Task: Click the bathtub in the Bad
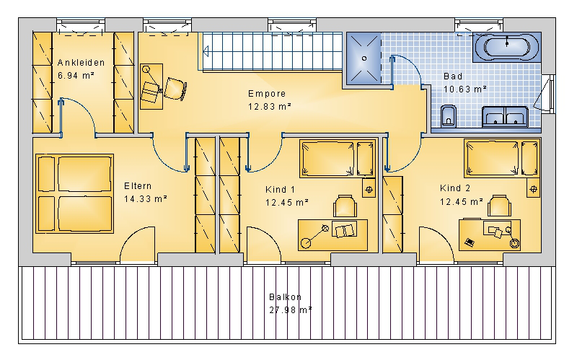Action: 507,47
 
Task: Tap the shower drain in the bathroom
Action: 364,58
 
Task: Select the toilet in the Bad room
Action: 448,116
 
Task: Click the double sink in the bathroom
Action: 506,116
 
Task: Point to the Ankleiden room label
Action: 81,63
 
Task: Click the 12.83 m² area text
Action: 269,106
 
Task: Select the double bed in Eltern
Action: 74,193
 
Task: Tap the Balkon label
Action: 285,297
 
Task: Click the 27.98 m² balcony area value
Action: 291,310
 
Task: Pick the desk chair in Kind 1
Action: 345,206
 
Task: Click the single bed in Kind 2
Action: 502,158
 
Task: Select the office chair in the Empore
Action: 175,88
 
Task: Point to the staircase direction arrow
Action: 206,51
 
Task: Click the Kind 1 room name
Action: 280,190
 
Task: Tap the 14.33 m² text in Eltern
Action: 146,199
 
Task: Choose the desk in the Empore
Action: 151,87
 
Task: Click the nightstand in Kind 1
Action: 369,188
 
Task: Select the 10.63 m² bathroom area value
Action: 464,89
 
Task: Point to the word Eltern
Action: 138,186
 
